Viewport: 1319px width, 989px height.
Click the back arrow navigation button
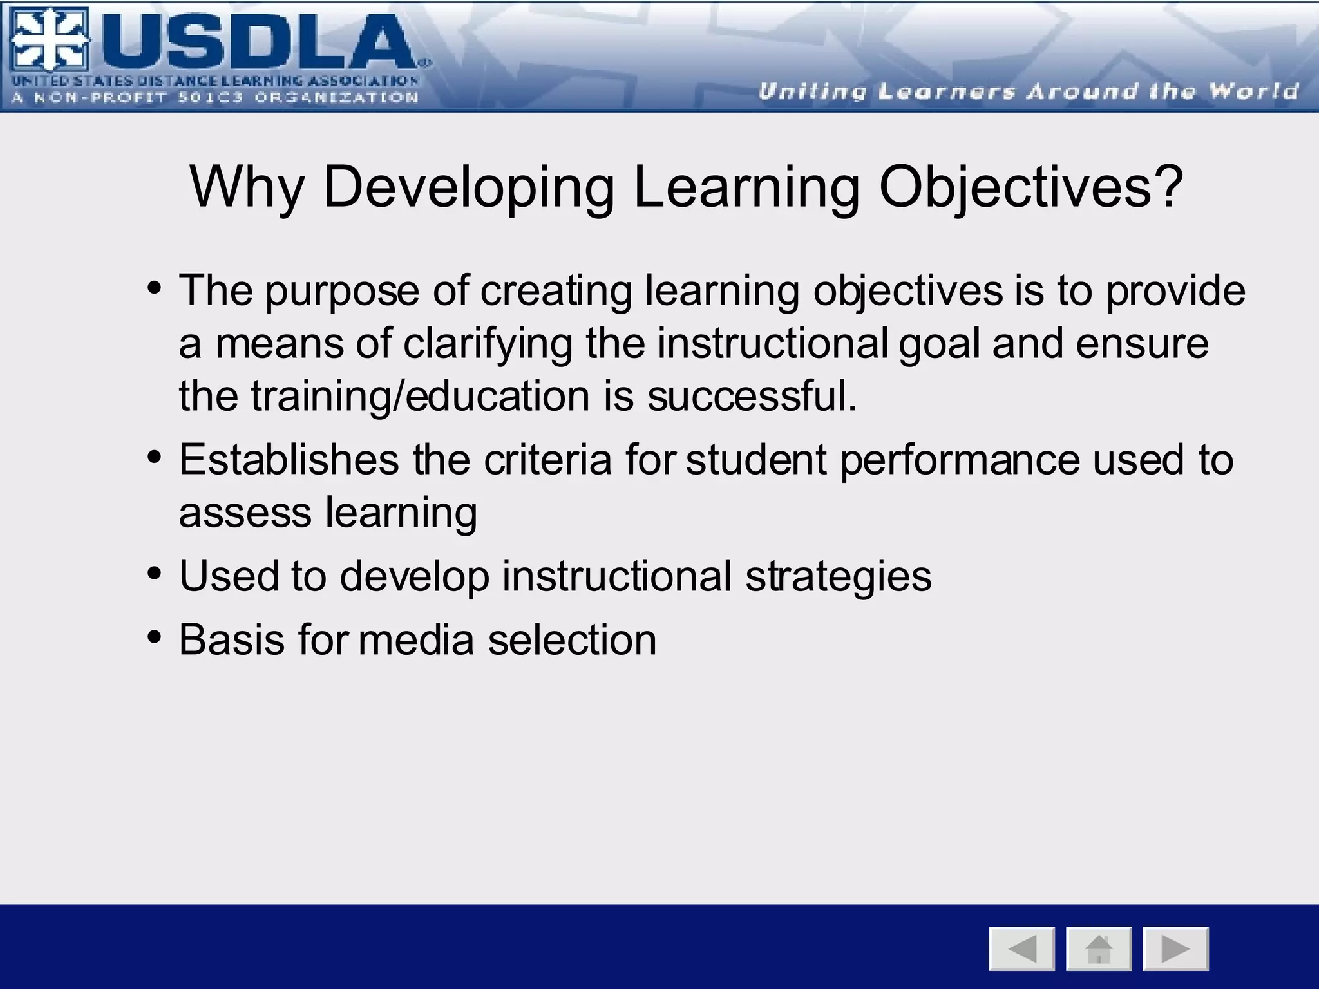click(1021, 948)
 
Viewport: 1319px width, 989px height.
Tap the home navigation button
click(1099, 948)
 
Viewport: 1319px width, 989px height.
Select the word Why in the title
click(247, 187)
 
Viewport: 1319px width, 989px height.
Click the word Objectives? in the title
click(1031, 187)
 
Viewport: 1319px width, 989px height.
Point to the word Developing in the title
click(469, 187)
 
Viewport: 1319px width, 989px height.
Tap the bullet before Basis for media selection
click(154, 637)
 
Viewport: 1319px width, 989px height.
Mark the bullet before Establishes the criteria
click(154, 457)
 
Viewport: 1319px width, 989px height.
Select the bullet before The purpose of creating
click(154, 287)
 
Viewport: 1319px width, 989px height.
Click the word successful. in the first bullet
click(752, 395)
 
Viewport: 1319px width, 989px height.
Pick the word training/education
click(420, 395)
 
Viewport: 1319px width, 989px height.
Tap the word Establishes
click(289, 460)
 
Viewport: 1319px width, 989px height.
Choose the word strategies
click(839, 576)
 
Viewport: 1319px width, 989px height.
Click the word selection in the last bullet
click(573, 640)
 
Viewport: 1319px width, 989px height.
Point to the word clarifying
click(488, 343)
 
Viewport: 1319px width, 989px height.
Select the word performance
click(960, 460)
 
